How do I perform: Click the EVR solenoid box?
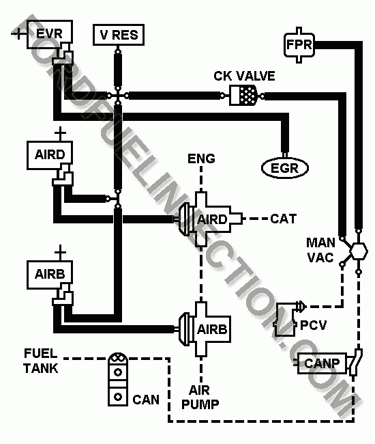(x=50, y=34)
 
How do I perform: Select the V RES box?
(x=119, y=35)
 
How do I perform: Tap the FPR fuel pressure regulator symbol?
(x=299, y=44)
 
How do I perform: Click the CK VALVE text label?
(x=244, y=76)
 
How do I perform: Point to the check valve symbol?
(x=243, y=96)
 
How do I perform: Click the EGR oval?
(x=285, y=168)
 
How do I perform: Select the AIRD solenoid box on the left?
(x=50, y=155)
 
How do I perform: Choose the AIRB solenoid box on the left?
(x=50, y=275)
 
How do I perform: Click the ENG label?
(x=201, y=158)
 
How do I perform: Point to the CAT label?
(x=284, y=219)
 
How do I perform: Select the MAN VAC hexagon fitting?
(x=359, y=251)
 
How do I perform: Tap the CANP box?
(x=322, y=363)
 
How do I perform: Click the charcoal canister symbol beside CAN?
(x=118, y=379)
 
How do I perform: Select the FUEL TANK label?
(x=41, y=361)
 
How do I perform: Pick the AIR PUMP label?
(x=200, y=397)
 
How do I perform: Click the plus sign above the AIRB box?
(x=60, y=252)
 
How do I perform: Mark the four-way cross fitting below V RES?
(x=118, y=96)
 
